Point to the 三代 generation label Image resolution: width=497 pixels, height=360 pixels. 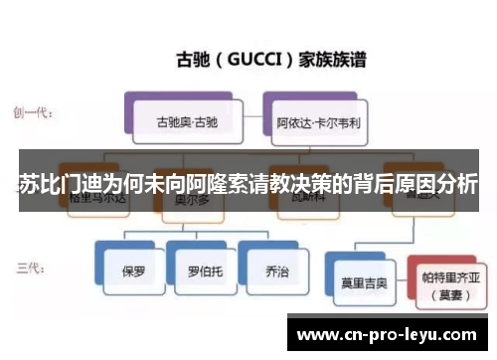click(30, 268)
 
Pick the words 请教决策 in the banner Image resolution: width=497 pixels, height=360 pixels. click(250, 185)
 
